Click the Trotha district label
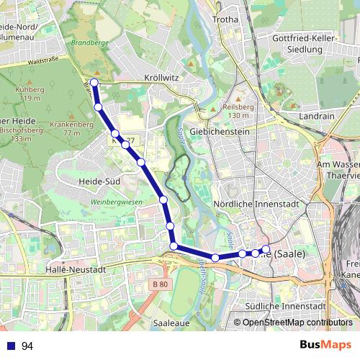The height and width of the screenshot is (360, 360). (225, 19)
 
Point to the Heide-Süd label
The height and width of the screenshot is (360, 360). (99, 181)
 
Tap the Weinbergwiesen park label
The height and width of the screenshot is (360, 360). (114, 203)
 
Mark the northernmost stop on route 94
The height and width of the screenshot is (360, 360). (94, 83)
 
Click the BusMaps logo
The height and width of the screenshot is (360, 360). (325, 345)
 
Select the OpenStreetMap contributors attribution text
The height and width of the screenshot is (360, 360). (297, 323)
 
